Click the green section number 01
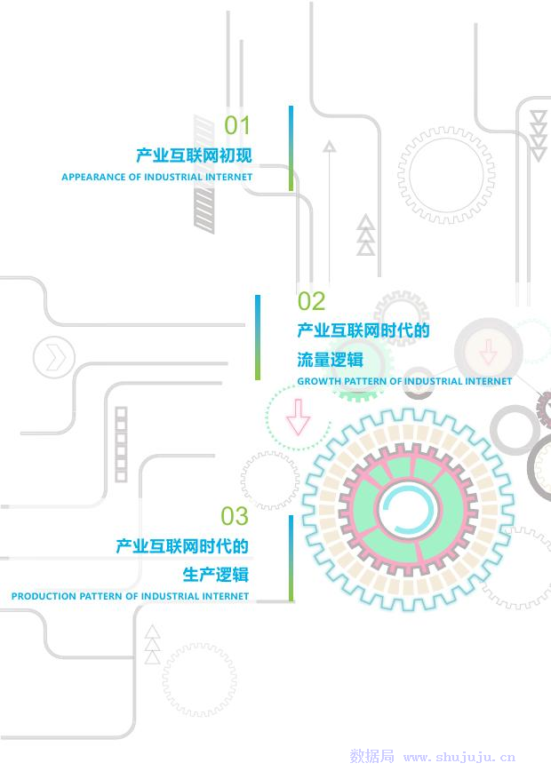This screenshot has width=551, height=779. (237, 125)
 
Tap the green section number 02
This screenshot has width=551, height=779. (311, 301)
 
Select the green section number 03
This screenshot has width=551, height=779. (235, 516)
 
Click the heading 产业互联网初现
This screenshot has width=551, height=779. (194, 155)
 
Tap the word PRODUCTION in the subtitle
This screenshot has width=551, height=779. (44, 596)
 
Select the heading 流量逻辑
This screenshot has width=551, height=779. (330, 359)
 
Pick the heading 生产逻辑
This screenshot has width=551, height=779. (216, 573)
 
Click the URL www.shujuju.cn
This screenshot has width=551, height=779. (459, 758)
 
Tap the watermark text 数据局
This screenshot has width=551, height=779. (371, 757)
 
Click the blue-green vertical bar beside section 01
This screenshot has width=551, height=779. (291, 148)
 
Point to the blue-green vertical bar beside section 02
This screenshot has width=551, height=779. (258, 338)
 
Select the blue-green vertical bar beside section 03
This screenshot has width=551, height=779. (291, 558)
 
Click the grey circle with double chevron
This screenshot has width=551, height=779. (54, 358)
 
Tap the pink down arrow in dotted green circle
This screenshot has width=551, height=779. (299, 416)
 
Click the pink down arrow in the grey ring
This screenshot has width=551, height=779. (488, 353)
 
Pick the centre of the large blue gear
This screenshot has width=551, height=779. (408, 510)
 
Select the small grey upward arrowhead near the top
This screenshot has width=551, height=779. (330, 146)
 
